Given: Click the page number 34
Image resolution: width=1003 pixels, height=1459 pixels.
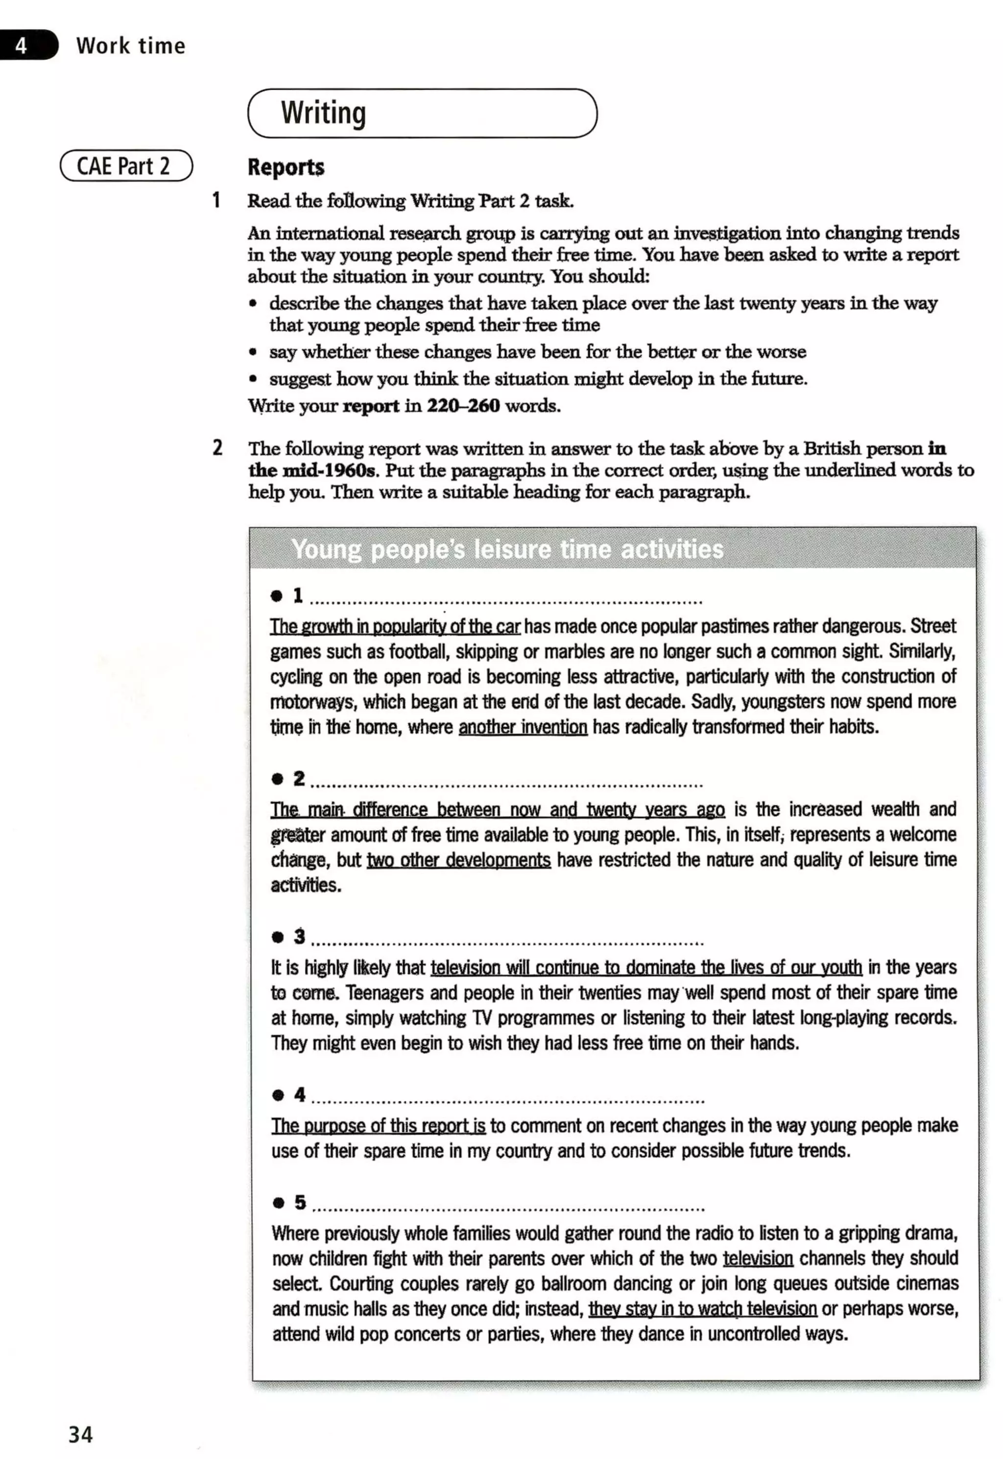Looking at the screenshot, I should click(80, 1435).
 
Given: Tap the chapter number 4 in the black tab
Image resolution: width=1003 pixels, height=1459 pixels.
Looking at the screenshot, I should click(22, 45).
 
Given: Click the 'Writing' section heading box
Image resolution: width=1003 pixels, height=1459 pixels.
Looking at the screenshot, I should click(422, 113).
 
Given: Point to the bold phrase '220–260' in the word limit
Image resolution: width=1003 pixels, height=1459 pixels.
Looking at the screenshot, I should click(463, 406).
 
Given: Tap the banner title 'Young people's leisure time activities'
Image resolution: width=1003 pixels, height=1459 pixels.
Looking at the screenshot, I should click(507, 549).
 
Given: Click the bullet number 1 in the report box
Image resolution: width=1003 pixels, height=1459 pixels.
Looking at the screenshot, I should click(298, 595).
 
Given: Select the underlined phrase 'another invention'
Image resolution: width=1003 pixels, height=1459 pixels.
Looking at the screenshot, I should click(523, 727).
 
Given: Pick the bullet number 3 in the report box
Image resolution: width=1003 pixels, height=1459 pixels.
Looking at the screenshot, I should click(299, 937).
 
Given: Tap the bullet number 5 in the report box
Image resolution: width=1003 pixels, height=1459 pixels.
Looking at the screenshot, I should click(300, 1202).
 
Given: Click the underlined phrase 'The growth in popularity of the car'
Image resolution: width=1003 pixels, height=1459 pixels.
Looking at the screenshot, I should click(395, 626).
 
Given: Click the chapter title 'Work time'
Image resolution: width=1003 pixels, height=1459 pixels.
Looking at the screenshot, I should click(131, 46).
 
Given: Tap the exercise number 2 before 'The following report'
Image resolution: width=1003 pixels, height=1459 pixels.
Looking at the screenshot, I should click(217, 448).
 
